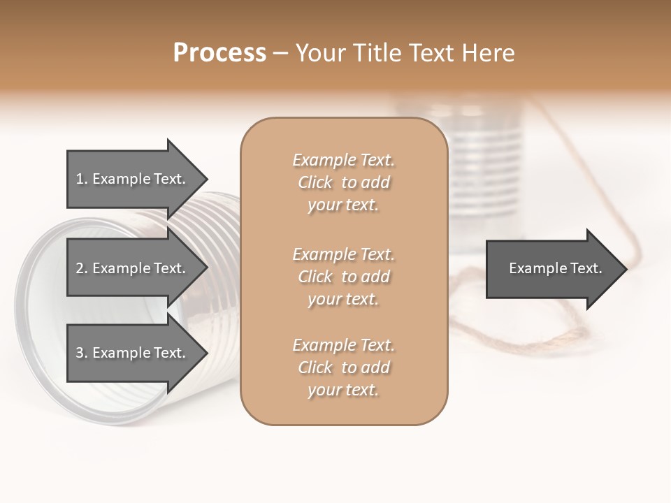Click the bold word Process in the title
click(219, 52)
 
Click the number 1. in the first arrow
click(81, 179)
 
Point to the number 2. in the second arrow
click(81, 268)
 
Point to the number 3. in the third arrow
click(81, 353)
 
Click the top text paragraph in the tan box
click(344, 182)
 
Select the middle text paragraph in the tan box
click(344, 276)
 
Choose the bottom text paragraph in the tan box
click(344, 367)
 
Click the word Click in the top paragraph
click(315, 183)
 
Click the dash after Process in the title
click(280, 53)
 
